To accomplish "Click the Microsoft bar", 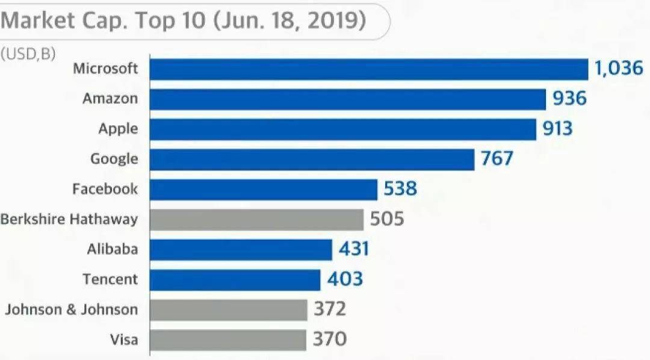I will tap(368, 69).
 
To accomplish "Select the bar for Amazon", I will tap(347, 99).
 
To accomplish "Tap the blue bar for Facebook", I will tap(263, 190).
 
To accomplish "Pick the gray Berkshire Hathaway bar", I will tap(256, 220).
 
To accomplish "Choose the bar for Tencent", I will tap(235, 280).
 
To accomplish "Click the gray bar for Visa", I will tap(227, 340).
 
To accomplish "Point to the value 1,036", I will tap(619, 68).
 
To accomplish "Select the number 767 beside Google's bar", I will tap(497, 159).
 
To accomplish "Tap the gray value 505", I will tap(387, 219).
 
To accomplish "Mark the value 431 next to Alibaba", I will tap(353, 249).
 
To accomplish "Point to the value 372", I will tap(330, 309).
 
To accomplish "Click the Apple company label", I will tap(118, 129).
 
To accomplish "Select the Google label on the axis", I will tap(114, 159).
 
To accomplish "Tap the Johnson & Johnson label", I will tap(72, 309).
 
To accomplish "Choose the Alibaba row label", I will tap(112, 249).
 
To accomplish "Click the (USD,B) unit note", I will tap(28, 54).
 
